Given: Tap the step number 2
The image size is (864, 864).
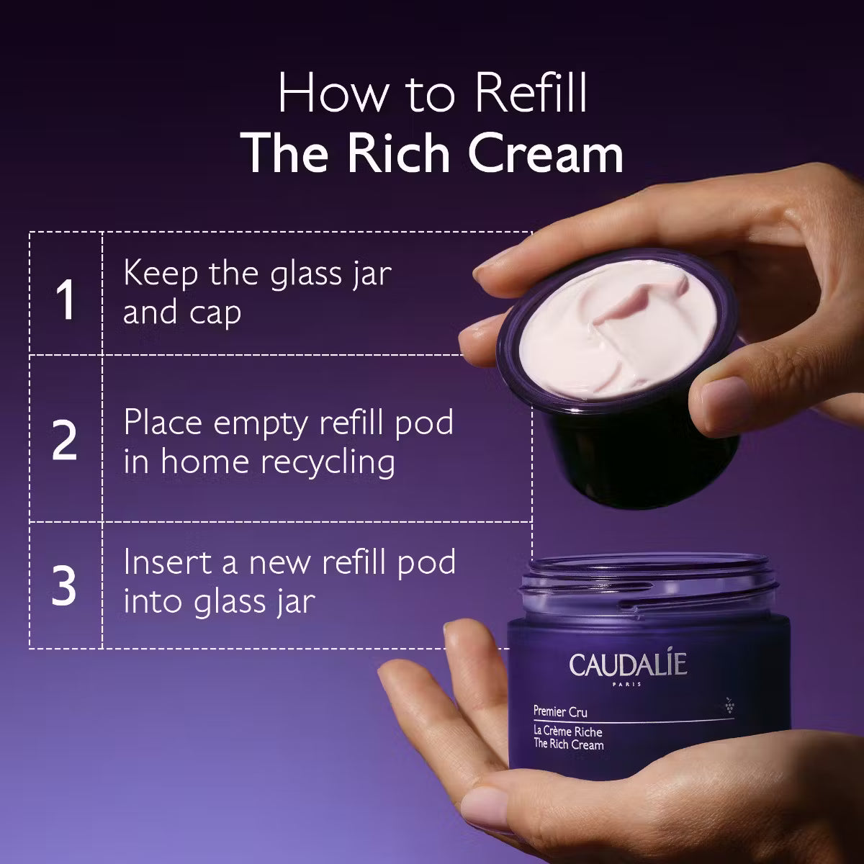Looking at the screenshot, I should point(65,441).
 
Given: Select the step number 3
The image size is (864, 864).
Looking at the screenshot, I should point(65,585).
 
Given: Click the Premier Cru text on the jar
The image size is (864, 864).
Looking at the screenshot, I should point(560,713).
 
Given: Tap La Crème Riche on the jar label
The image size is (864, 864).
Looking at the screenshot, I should point(567,732).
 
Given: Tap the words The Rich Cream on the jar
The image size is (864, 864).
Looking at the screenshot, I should point(568,745).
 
